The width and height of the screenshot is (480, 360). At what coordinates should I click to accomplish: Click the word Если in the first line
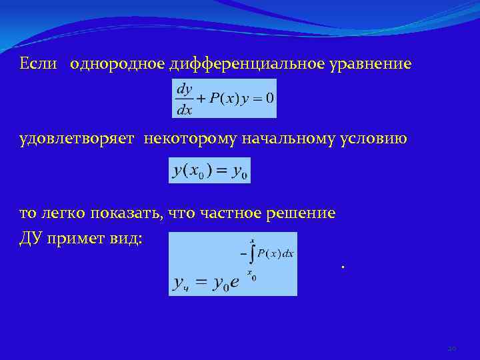click(x=37, y=64)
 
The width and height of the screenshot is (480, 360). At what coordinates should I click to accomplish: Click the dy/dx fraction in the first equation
click(x=185, y=98)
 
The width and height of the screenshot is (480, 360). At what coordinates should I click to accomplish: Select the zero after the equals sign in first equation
click(x=269, y=98)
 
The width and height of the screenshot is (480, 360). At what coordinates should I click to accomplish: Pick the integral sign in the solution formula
click(x=251, y=255)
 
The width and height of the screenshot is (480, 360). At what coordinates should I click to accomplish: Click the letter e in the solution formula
click(x=235, y=283)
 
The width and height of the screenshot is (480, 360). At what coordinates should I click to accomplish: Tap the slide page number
click(x=451, y=348)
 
